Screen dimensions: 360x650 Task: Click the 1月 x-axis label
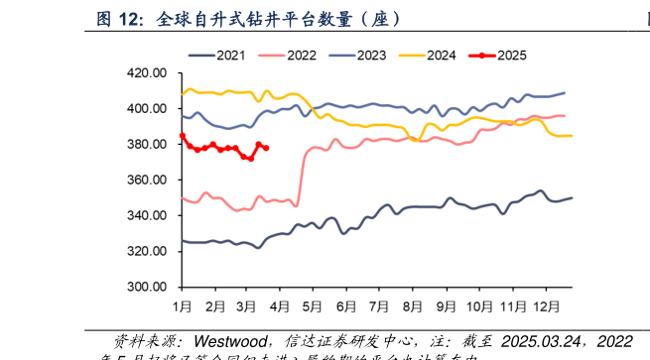click(183, 305)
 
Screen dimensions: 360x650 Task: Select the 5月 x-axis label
click(314, 305)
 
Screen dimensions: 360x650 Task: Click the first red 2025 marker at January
click(183, 136)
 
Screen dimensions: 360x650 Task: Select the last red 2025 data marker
click(267, 149)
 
